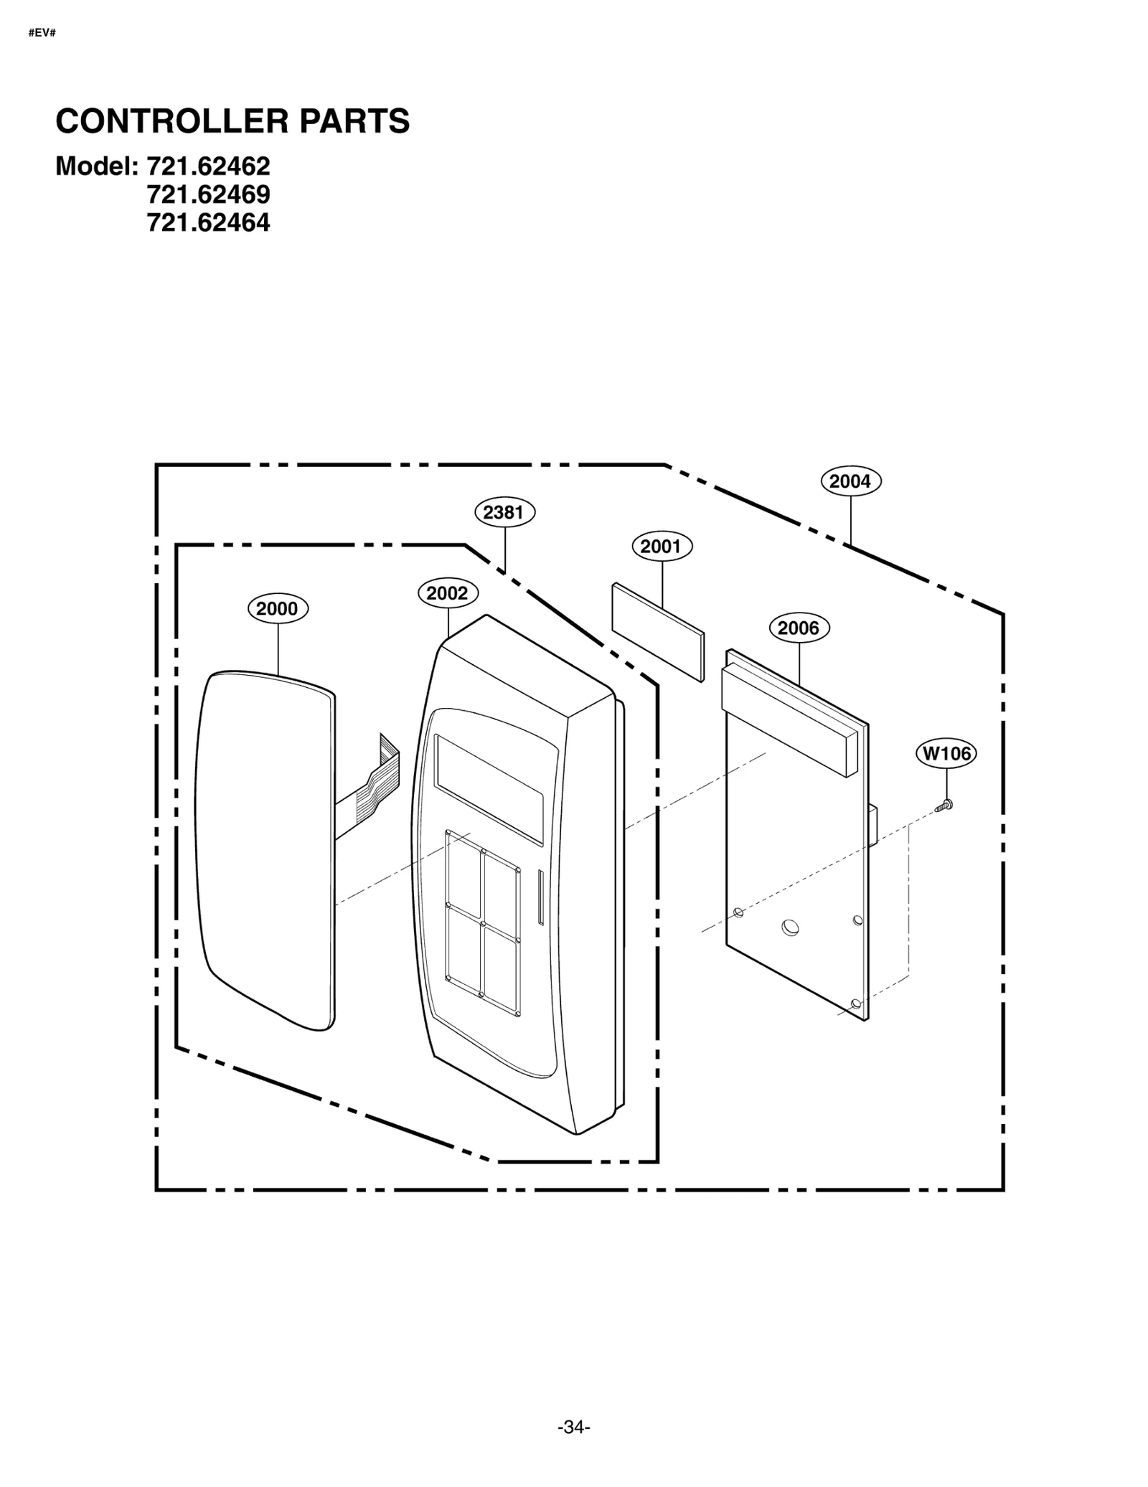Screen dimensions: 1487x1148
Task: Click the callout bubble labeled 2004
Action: point(850,481)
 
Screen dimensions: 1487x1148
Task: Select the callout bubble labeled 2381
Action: point(504,512)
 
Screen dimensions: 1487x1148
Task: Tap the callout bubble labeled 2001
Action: point(661,547)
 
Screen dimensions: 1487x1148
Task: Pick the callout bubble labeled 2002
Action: point(447,593)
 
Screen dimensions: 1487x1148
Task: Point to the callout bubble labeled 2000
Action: point(277,609)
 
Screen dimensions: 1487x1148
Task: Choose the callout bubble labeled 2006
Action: point(798,628)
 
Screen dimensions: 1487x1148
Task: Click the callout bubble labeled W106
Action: point(946,753)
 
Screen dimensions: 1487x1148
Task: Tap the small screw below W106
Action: point(945,806)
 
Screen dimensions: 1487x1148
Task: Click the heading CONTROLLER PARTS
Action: point(232,121)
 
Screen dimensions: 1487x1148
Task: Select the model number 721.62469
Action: point(208,194)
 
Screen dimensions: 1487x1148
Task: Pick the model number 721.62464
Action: point(208,223)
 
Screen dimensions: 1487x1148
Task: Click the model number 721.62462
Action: point(208,166)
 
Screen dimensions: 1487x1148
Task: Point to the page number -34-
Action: point(573,1427)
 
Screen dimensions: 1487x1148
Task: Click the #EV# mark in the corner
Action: point(42,33)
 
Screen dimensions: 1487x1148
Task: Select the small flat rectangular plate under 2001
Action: point(658,632)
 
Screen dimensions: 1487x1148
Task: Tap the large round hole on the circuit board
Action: point(789,927)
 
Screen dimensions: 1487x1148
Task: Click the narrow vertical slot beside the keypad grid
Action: point(540,897)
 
